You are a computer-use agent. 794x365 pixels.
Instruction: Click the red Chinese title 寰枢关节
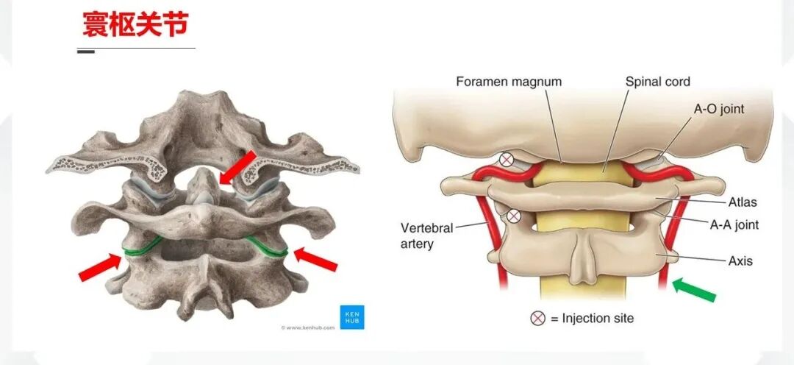(x=135, y=25)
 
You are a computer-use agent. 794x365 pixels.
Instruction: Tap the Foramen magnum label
(x=509, y=82)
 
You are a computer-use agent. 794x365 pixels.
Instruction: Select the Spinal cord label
(x=658, y=82)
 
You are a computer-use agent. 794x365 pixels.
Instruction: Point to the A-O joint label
(x=719, y=109)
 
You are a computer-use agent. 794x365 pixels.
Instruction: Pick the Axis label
(x=740, y=261)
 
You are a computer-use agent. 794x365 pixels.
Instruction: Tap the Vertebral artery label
(x=426, y=235)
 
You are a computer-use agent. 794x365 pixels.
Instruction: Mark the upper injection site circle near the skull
(x=507, y=159)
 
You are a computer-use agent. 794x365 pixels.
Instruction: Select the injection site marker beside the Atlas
(x=514, y=216)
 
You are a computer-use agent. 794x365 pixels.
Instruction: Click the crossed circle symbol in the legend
(x=539, y=319)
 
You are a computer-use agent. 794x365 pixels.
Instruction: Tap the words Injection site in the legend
(x=598, y=319)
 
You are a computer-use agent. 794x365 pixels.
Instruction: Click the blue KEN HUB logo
(x=351, y=316)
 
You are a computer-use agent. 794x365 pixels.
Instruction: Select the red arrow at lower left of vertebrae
(x=100, y=267)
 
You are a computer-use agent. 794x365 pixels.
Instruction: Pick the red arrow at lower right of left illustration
(x=315, y=260)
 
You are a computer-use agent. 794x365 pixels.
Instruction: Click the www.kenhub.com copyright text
(x=307, y=327)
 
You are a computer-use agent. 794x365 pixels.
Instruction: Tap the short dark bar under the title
(x=86, y=52)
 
